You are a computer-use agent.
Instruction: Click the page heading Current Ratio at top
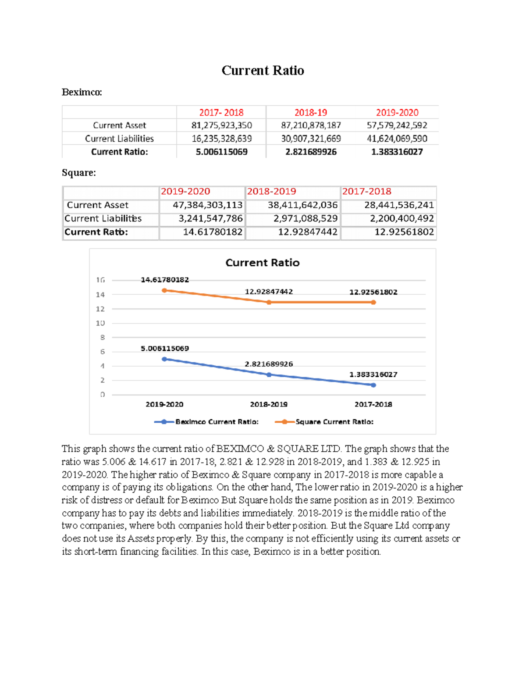(263, 71)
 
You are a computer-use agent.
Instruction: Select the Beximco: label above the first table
(82, 92)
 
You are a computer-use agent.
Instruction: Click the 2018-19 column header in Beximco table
(310, 113)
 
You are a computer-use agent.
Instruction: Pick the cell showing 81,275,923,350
(221, 125)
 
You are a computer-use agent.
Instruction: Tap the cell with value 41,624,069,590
(397, 139)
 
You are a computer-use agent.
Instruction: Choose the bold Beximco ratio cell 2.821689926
(311, 152)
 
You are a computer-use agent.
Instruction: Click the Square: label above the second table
(79, 173)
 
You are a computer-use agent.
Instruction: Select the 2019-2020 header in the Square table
(185, 192)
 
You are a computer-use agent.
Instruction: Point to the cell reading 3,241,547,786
(210, 218)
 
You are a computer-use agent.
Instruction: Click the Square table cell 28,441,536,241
(399, 205)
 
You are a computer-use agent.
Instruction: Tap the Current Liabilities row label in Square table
(103, 218)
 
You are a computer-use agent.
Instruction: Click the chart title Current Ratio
(262, 263)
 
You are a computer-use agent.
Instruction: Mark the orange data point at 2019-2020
(164, 290)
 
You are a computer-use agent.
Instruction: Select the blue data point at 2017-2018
(373, 385)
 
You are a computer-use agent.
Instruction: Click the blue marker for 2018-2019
(269, 375)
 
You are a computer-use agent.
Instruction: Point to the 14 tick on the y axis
(100, 295)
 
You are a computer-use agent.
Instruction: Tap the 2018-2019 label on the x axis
(269, 404)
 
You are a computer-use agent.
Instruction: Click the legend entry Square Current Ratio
(334, 422)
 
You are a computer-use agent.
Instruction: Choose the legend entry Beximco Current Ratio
(217, 422)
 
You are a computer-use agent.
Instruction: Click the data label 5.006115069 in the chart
(165, 349)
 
